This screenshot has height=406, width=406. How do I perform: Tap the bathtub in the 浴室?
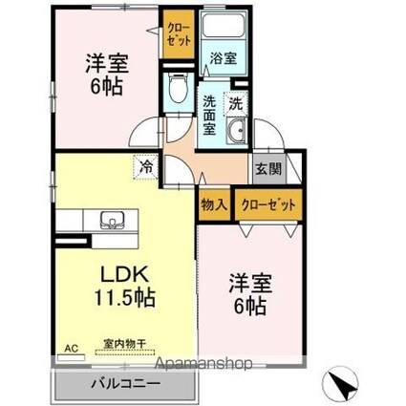pyautogui.click(x=224, y=25)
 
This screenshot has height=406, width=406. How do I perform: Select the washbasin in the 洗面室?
pyautogui.click(x=236, y=131)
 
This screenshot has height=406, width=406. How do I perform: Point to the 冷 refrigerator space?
pyautogui.click(x=146, y=166)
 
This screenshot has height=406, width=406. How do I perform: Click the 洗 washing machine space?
pyautogui.click(x=236, y=103)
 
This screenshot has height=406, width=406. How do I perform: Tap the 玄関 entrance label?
pyautogui.click(x=269, y=169)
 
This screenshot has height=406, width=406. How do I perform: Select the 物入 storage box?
pyautogui.click(x=214, y=204)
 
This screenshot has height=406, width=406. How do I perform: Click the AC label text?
pyautogui.click(x=71, y=349)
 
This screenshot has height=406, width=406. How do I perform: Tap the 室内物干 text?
pyautogui.click(x=124, y=344)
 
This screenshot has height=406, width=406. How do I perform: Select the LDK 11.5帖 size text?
pyautogui.click(x=124, y=286)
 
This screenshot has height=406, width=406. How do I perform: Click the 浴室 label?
pyautogui.click(x=224, y=58)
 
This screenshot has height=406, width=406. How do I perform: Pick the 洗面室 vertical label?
pyautogui.click(x=209, y=116)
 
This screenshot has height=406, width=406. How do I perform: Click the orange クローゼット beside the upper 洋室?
pyautogui.click(x=179, y=33)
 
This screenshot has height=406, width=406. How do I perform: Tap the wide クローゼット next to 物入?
pyautogui.click(x=268, y=204)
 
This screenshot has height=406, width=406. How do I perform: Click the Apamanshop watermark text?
pyautogui.click(x=203, y=363)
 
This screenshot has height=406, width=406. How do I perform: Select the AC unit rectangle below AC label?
pyautogui.click(x=71, y=357)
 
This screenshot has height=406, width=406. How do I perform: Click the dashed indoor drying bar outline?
pyautogui.click(x=125, y=353)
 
